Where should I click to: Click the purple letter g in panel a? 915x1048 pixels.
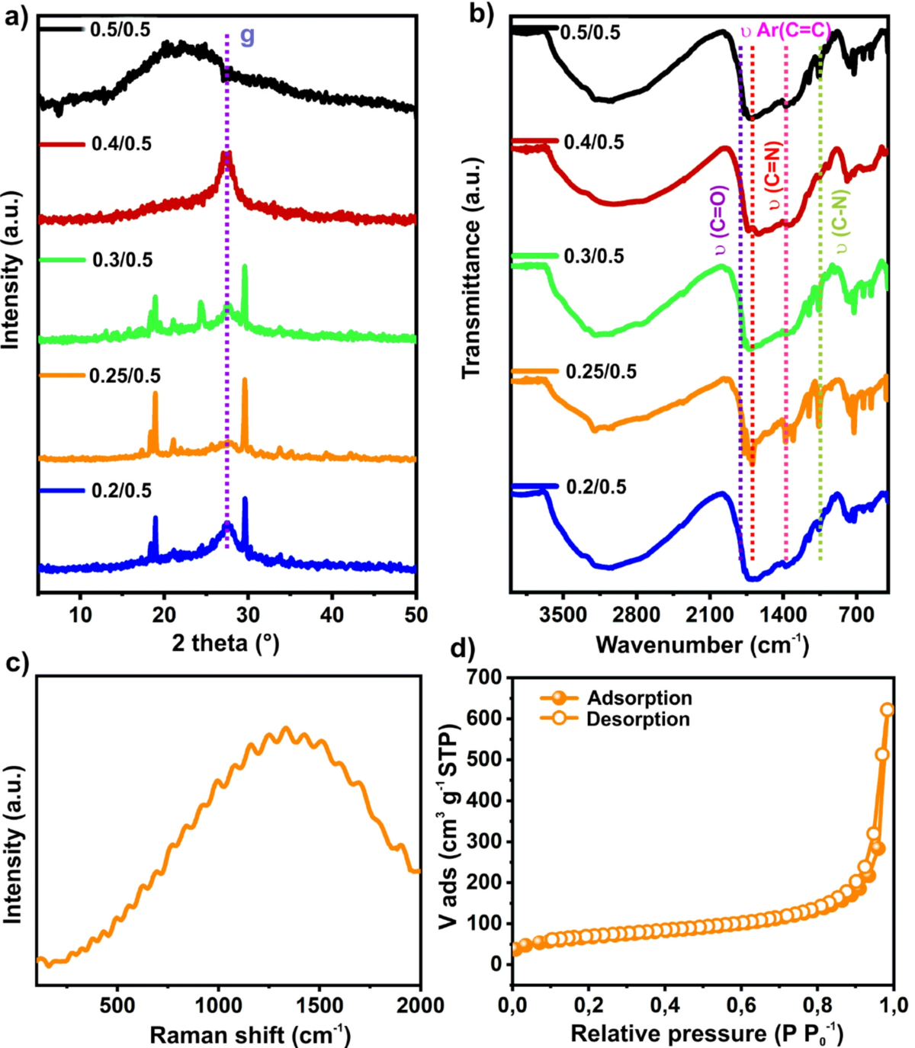point(247,35)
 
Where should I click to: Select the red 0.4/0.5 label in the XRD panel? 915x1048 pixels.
point(121,144)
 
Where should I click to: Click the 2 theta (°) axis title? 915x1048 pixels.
point(226,643)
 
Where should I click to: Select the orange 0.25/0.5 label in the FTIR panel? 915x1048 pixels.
point(601,372)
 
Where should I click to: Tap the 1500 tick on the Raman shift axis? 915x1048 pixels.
point(319,1005)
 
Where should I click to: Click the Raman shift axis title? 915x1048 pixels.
point(250,1035)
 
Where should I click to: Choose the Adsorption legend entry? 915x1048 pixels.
point(639,698)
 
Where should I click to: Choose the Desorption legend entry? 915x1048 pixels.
point(637,719)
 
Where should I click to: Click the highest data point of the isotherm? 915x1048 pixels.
point(887,710)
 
